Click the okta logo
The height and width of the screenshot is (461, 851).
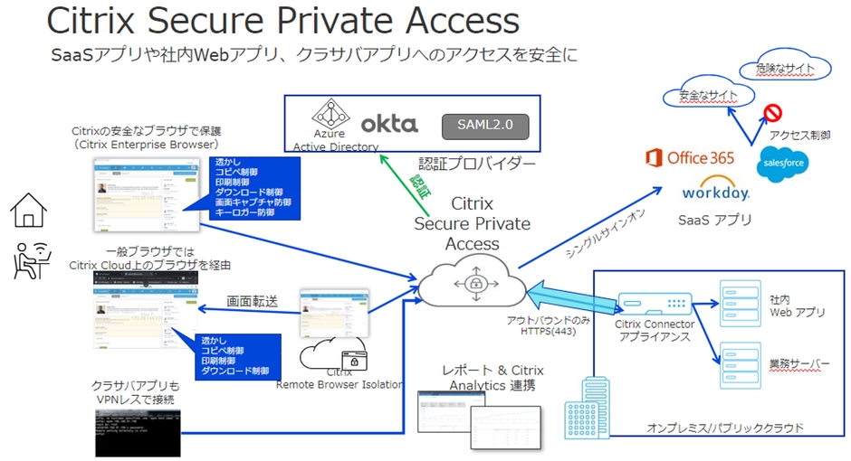(x=389, y=124)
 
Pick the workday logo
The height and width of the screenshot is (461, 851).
(x=715, y=192)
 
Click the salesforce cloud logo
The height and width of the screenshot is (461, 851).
(x=783, y=163)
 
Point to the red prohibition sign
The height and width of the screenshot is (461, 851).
(x=772, y=113)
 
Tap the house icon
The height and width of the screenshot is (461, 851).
(x=29, y=210)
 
